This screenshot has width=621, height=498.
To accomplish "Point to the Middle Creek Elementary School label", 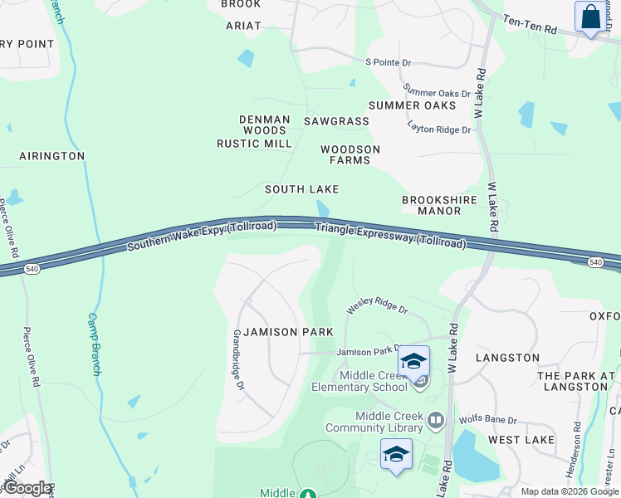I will (359, 381).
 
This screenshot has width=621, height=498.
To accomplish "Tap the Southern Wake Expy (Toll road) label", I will (201, 236).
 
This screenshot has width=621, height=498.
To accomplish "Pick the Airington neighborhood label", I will (52, 156).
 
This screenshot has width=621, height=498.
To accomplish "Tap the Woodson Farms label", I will (350, 154).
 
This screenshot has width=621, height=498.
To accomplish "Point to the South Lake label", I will (302, 189).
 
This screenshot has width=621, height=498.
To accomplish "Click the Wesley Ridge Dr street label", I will (378, 308).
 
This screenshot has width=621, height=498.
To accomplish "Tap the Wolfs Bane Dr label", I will (488, 421).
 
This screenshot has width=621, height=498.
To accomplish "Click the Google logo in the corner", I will (27, 488).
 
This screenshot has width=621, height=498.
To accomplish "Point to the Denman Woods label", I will (264, 125).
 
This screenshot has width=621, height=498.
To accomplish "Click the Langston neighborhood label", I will (507, 358).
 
